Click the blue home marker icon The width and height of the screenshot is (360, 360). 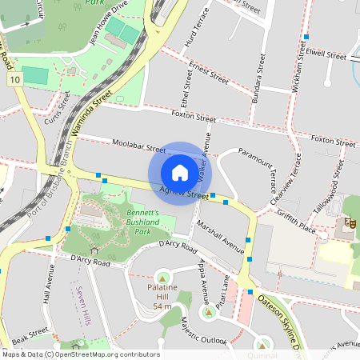tap(180, 172)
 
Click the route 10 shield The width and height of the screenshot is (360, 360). tap(15, 79)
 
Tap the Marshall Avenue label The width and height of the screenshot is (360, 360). tap(220, 236)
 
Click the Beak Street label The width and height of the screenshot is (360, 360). tap(30, 336)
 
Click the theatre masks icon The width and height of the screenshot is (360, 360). tap(349, 222)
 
